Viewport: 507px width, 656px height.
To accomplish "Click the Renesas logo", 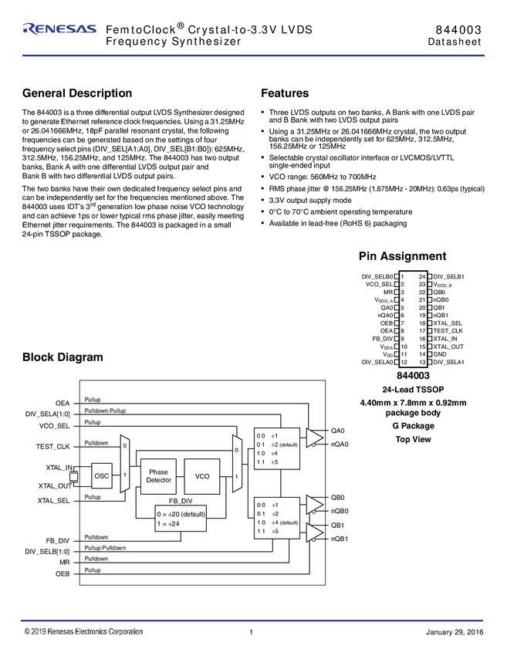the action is pyautogui.click(x=59, y=29).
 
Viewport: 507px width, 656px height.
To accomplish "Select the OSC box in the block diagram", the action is pyautogui.click(x=102, y=476).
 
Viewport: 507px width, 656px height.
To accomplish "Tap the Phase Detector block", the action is pyautogui.click(x=158, y=476).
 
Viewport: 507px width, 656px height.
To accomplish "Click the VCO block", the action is pyautogui.click(x=202, y=476).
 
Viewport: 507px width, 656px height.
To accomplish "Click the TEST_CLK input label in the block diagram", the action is pyautogui.click(x=53, y=446).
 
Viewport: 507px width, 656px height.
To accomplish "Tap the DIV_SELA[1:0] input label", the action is pyautogui.click(x=47, y=414).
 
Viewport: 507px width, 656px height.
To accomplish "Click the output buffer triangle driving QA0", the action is pyautogui.click(x=315, y=437).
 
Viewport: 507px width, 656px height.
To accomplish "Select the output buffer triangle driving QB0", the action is pyautogui.click(x=315, y=504).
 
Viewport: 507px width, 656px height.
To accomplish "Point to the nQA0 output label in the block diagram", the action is pyautogui.click(x=340, y=445).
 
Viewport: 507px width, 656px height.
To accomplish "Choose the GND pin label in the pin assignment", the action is pyautogui.click(x=440, y=353).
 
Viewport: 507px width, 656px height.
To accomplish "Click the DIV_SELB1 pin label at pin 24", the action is pyautogui.click(x=449, y=276).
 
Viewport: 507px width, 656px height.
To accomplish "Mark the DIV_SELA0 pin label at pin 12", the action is pyautogui.click(x=377, y=362).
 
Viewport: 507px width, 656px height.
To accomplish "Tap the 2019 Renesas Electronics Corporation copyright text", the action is pyautogui.click(x=83, y=632).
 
